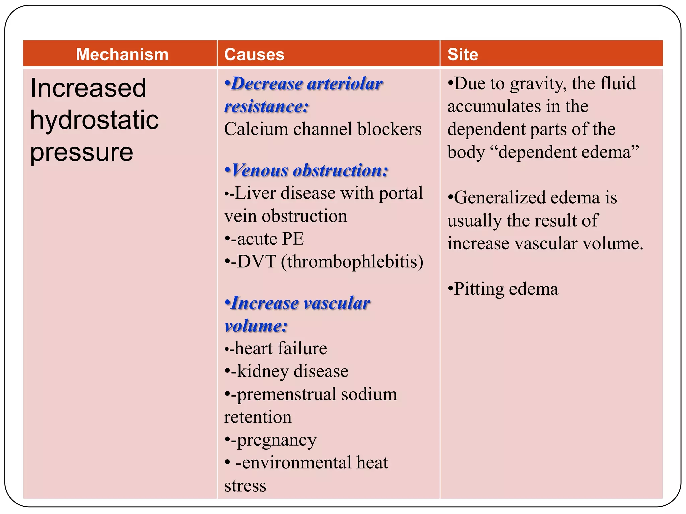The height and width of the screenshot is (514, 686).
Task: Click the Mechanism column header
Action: pos(122,54)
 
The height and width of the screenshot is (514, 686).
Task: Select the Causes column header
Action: pos(254,54)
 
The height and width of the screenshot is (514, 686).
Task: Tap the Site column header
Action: pos(463,54)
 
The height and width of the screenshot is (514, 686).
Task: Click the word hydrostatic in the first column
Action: pos(94,120)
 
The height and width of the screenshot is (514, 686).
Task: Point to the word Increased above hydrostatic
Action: pos(88,88)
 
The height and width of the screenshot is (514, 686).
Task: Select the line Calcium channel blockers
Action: pos(323,129)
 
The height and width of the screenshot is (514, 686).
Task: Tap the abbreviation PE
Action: pos(293,239)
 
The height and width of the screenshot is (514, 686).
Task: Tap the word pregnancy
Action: pos(276,440)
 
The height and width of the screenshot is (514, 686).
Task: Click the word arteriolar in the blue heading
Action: pos(345,84)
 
